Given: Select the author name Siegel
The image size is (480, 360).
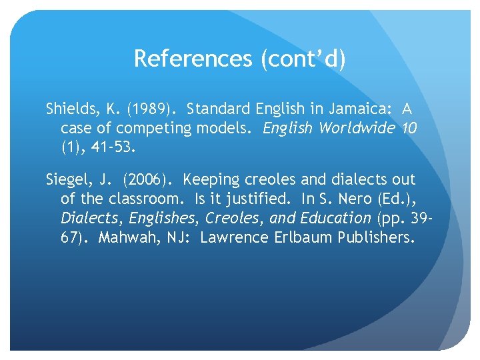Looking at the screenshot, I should [x=66, y=179].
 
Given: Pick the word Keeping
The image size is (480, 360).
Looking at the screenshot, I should [x=211, y=179].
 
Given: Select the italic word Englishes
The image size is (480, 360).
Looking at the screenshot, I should [x=164, y=218].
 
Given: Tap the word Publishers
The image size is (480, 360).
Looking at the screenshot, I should [x=376, y=237].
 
